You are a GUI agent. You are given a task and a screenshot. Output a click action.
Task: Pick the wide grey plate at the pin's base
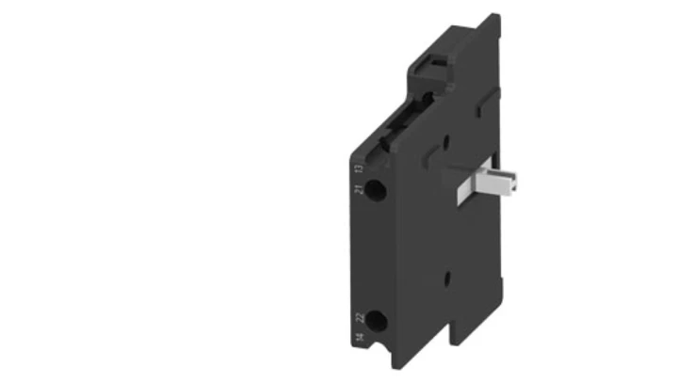461,186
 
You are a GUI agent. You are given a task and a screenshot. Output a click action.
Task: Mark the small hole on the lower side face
448,277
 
